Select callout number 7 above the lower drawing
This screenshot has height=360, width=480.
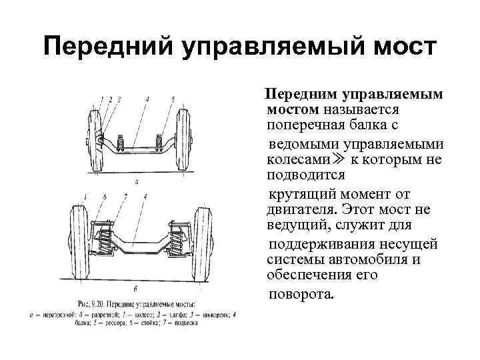(125, 197)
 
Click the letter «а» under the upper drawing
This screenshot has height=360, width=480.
(137, 180)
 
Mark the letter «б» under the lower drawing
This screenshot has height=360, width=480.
(136, 289)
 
